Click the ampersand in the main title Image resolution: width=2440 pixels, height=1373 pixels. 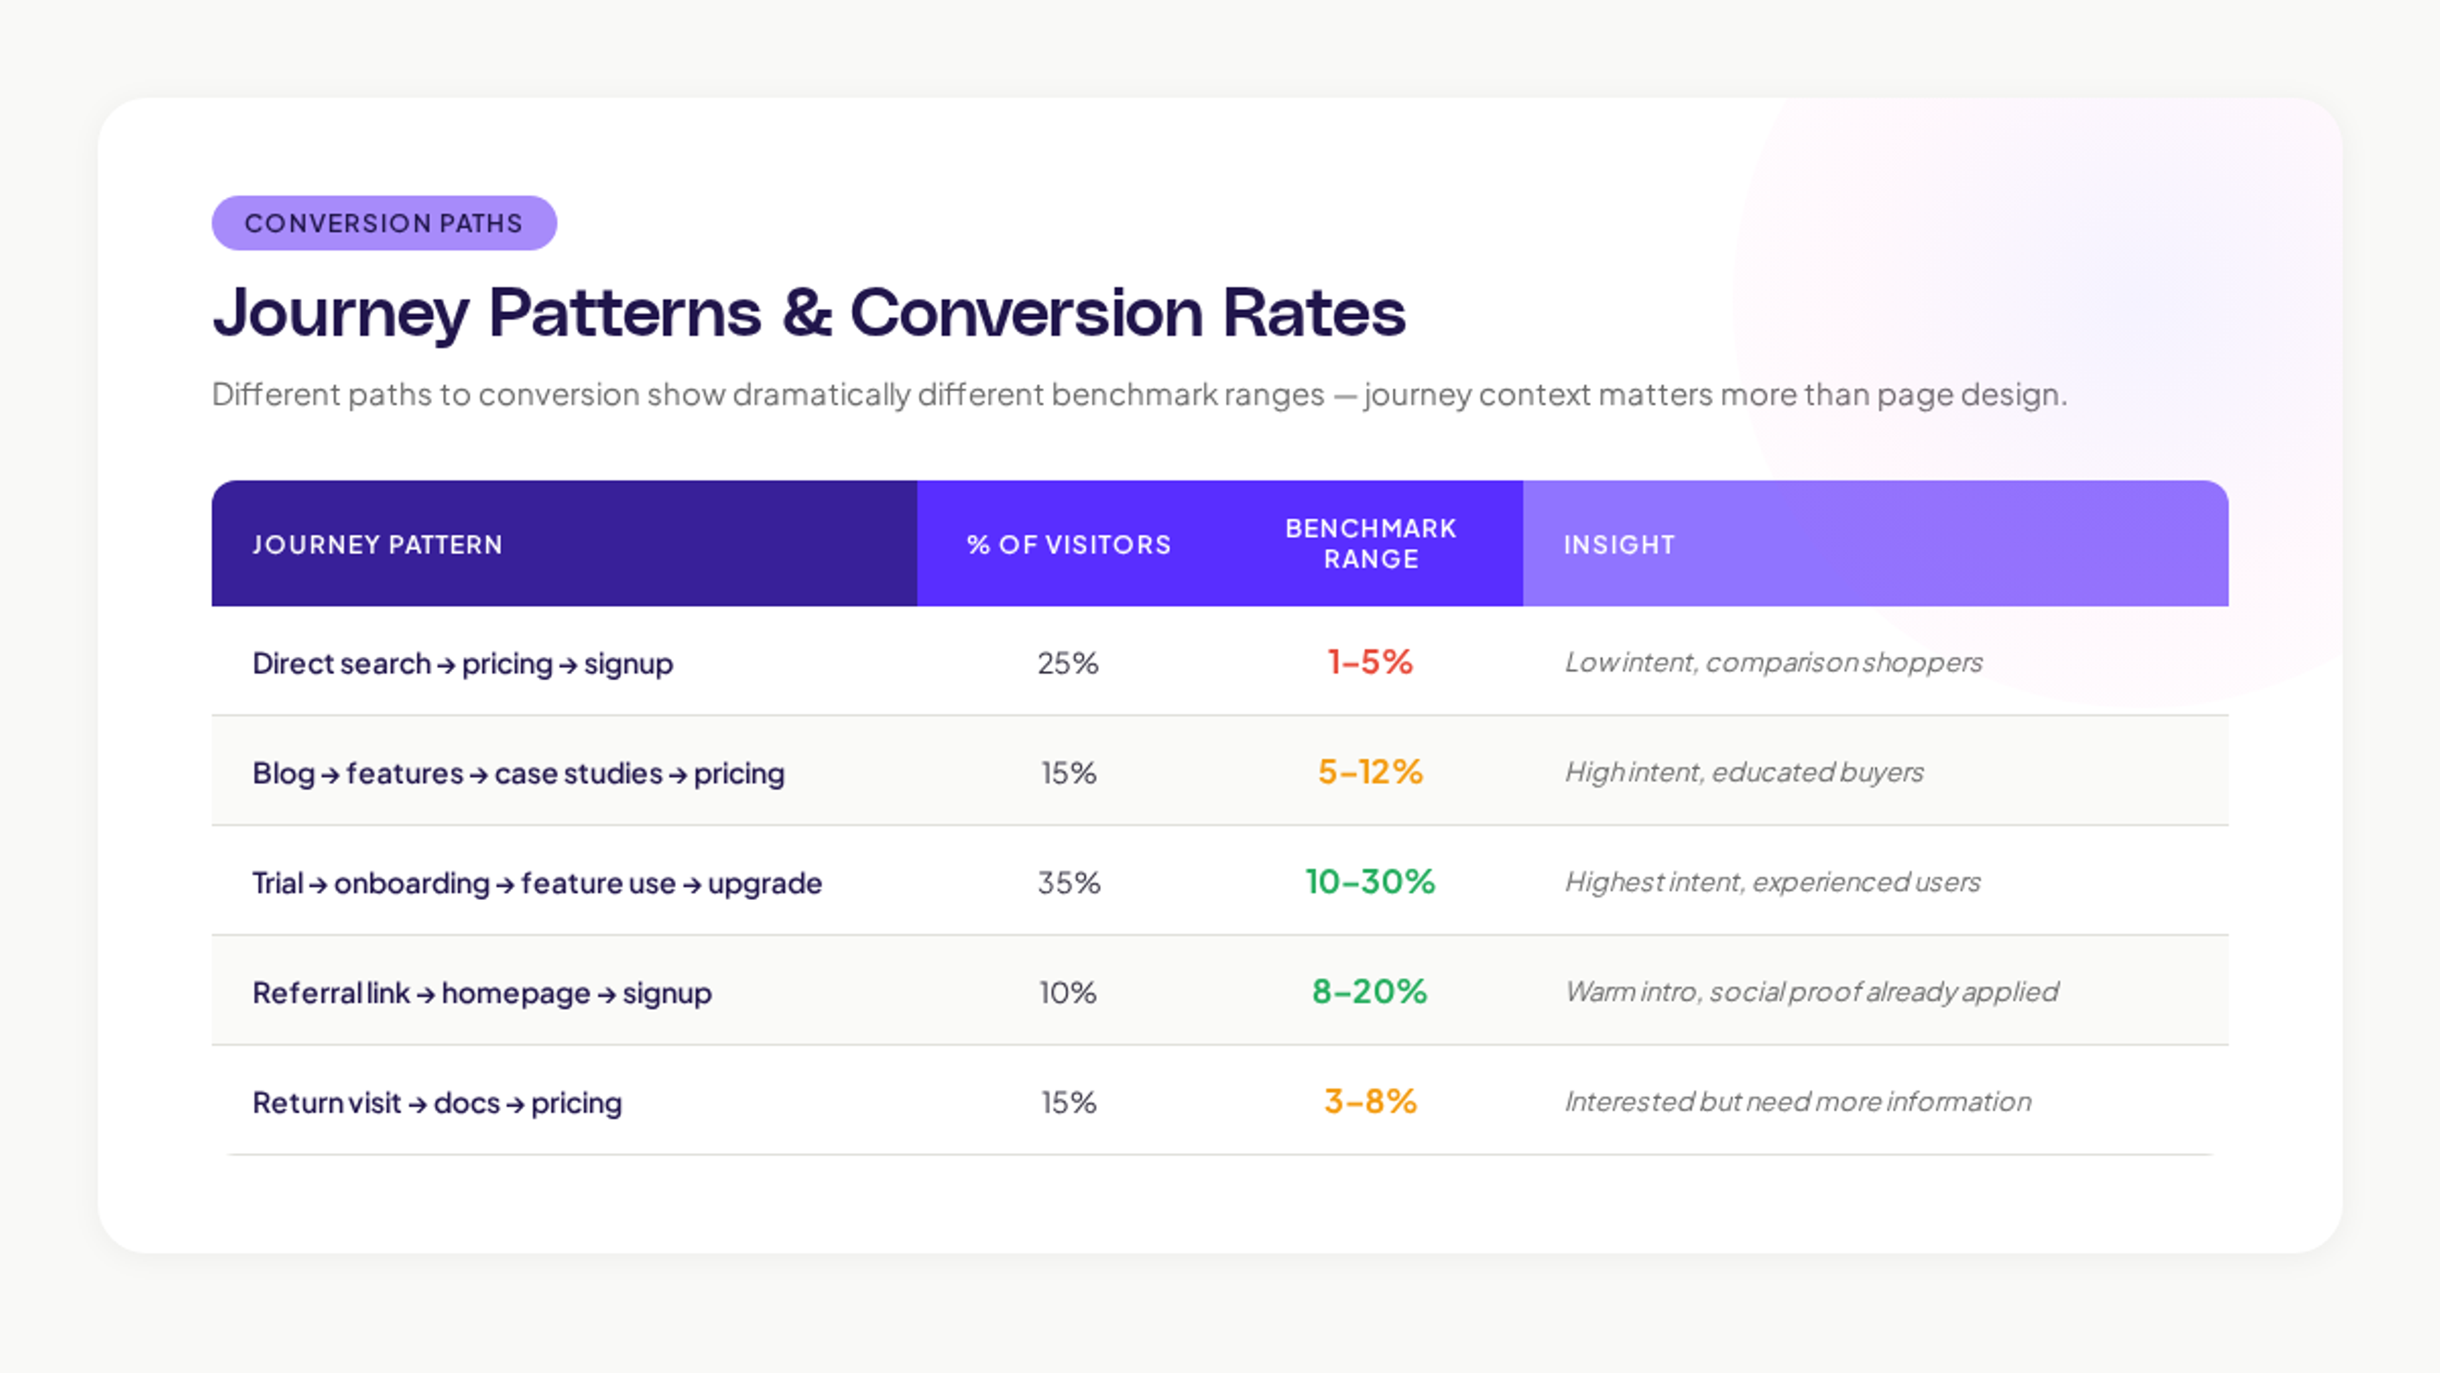coord(806,313)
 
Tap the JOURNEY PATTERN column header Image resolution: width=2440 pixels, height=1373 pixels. coord(377,544)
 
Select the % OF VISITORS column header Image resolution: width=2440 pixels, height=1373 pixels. coord(1068,544)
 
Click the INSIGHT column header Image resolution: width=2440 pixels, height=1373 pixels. coord(1619,544)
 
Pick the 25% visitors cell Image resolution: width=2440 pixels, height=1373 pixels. coord(1067,662)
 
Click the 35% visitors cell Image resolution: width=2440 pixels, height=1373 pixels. coord(1068,882)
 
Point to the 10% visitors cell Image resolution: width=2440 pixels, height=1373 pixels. coord(1067,992)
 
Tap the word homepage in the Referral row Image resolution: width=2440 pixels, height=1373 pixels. coord(515,993)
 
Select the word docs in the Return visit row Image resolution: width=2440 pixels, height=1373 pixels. coord(466,1103)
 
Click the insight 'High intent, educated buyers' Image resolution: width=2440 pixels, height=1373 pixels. coord(1744,772)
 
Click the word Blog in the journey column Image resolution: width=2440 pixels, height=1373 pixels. coord(282,773)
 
